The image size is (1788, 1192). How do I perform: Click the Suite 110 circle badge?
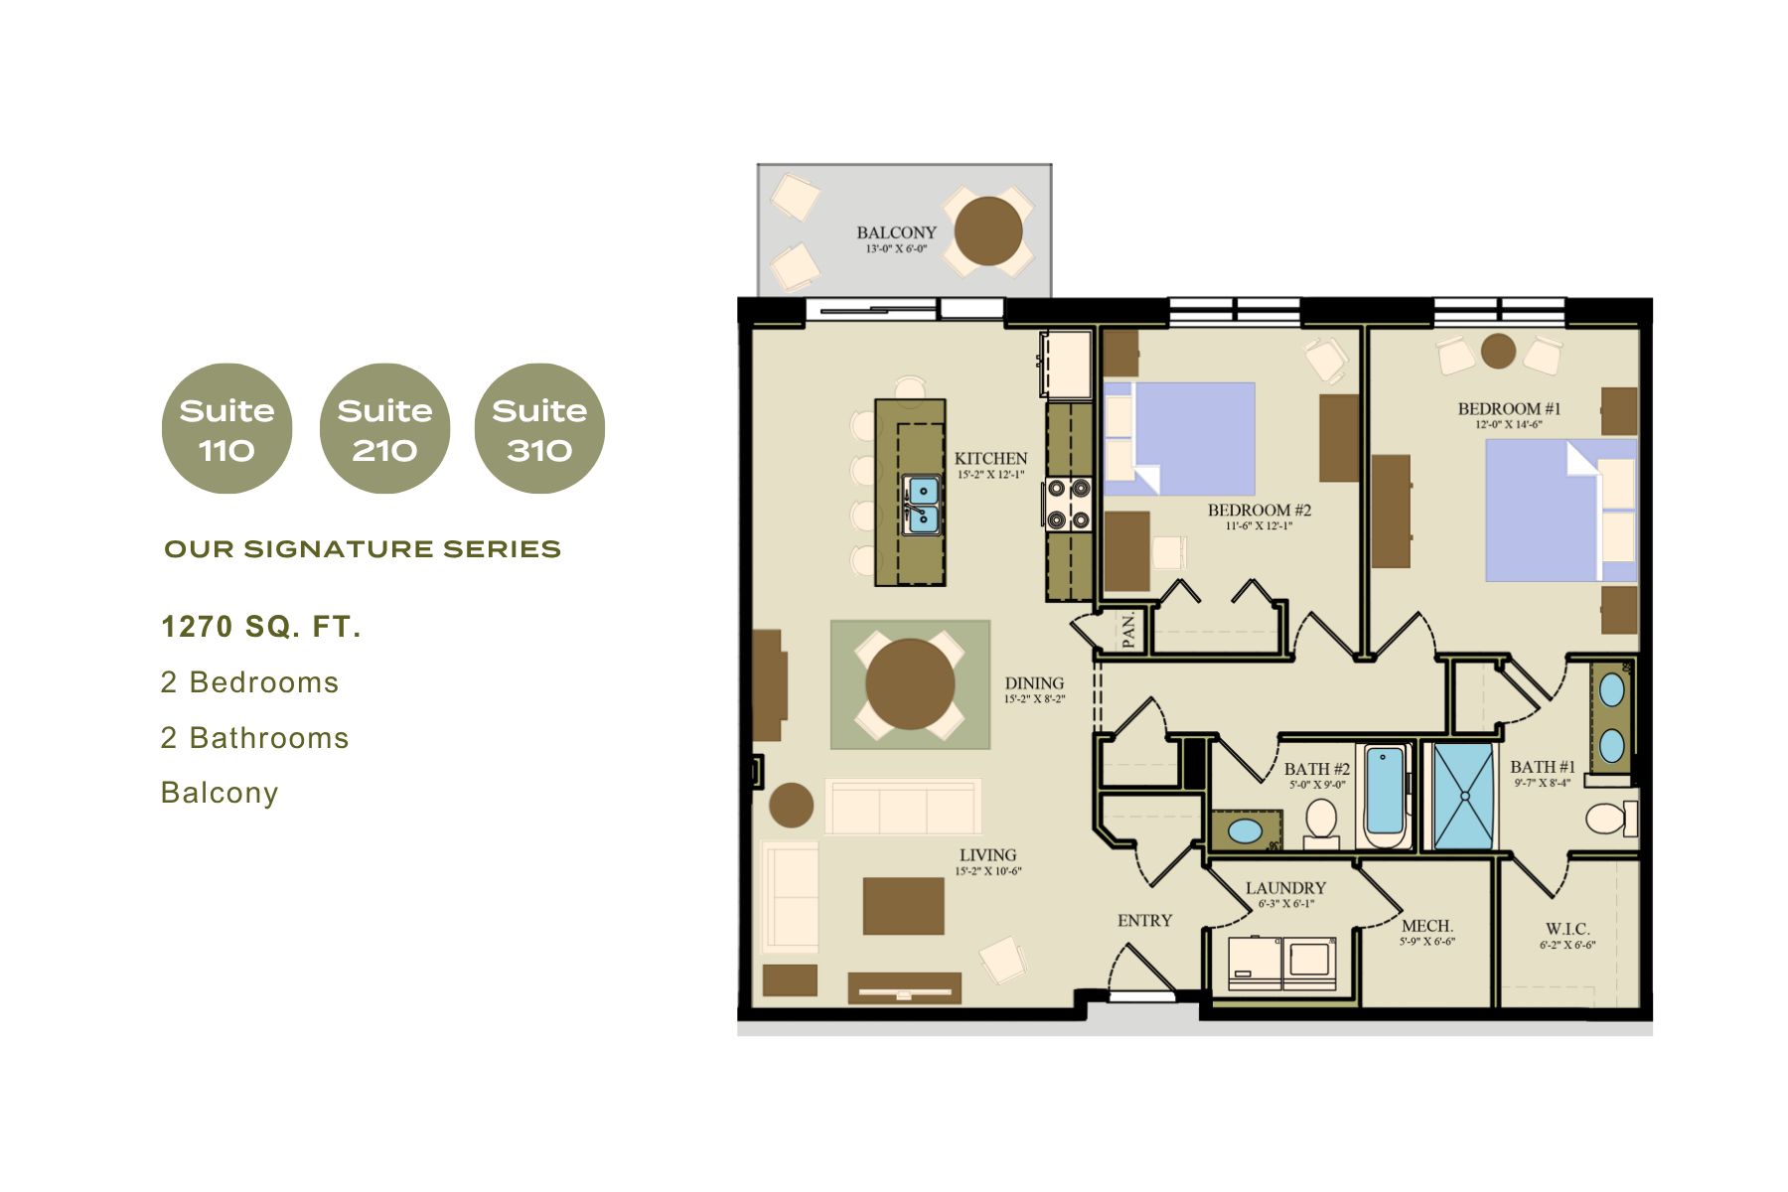(x=226, y=428)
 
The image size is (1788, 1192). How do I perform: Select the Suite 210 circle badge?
(x=384, y=428)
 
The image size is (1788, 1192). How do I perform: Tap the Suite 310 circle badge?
(x=539, y=428)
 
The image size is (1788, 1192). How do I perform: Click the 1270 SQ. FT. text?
(x=261, y=627)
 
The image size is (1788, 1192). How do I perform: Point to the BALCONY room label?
(x=896, y=232)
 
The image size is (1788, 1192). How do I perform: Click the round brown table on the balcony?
(x=988, y=230)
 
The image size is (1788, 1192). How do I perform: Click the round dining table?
(x=910, y=683)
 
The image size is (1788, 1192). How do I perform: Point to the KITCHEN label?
(x=990, y=459)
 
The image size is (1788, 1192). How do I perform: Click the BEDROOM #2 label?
(x=1259, y=511)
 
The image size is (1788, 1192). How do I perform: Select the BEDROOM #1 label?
(x=1509, y=409)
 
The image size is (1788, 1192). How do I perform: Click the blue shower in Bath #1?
(x=1463, y=797)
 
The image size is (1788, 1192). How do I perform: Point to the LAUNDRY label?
(x=1285, y=888)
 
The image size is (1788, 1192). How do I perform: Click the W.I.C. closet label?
(x=1566, y=930)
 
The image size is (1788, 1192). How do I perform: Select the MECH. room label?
(x=1426, y=926)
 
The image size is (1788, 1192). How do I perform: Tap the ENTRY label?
(x=1144, y=921)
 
